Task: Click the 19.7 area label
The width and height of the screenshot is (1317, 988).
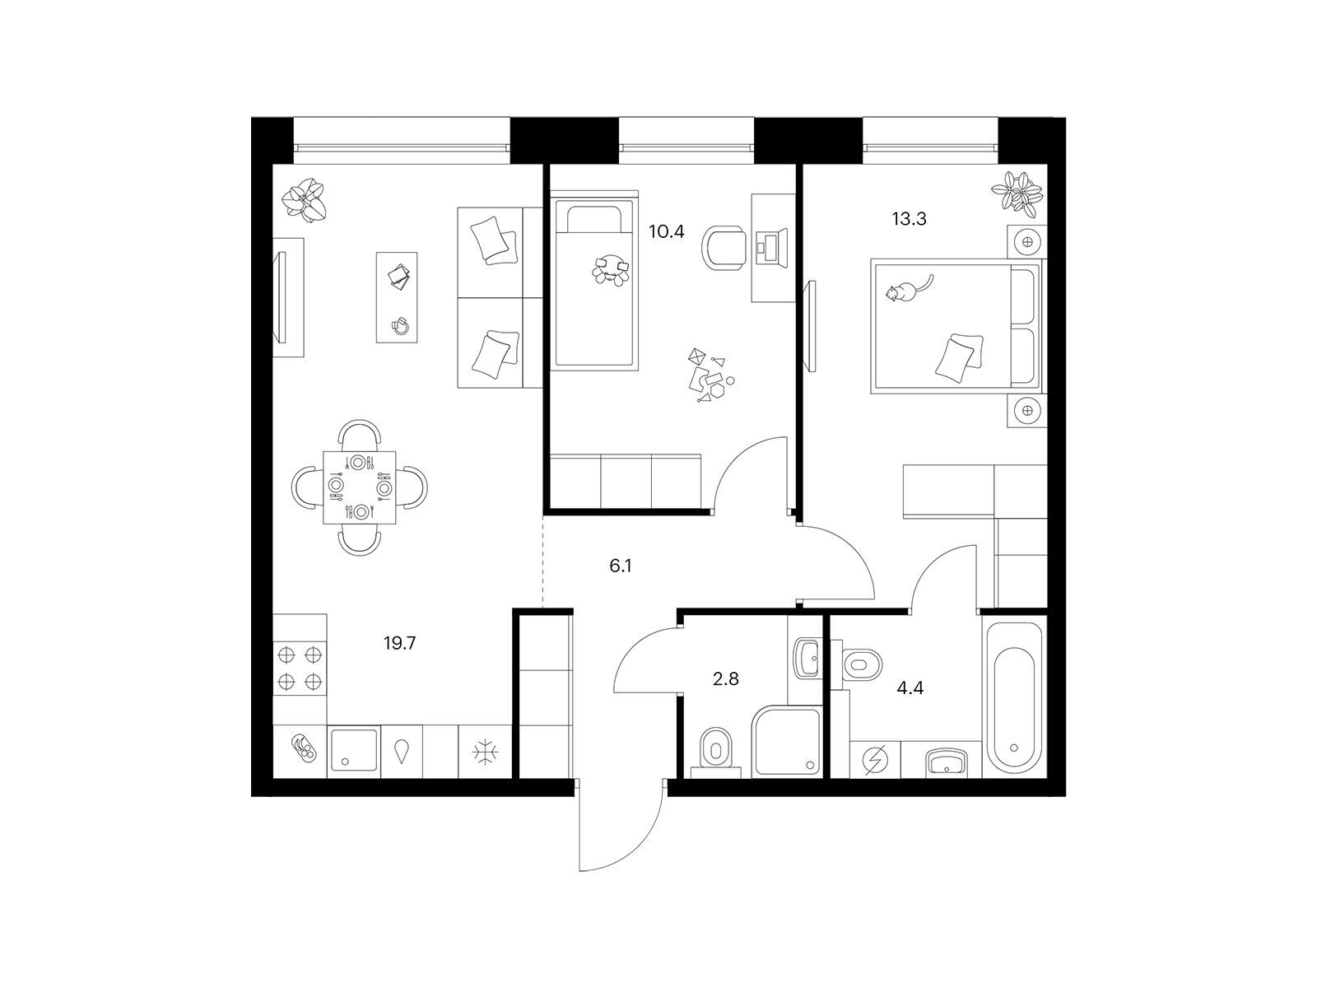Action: point(399,644)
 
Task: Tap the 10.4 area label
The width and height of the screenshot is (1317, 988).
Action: point(666,231)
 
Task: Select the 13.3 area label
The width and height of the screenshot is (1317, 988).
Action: point(909,219)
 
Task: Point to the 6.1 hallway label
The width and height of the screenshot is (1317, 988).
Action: point(621,566)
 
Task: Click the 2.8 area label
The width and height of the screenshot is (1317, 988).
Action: point(725,679)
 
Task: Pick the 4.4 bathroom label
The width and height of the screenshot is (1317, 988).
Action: point(910,688)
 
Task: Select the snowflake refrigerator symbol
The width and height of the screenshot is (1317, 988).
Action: point(483,753)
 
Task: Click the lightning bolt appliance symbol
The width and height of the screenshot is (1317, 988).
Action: point(875,760)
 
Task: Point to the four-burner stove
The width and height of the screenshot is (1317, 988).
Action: point(300,669)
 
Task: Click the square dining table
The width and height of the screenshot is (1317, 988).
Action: point(360,487)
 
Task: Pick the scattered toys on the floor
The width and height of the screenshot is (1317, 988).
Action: point(711,375)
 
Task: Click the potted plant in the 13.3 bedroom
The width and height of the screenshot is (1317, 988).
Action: point(1017,191)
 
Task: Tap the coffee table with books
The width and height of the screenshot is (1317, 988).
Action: point(397,297)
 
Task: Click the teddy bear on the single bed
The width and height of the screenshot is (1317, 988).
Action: point(611,268)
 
